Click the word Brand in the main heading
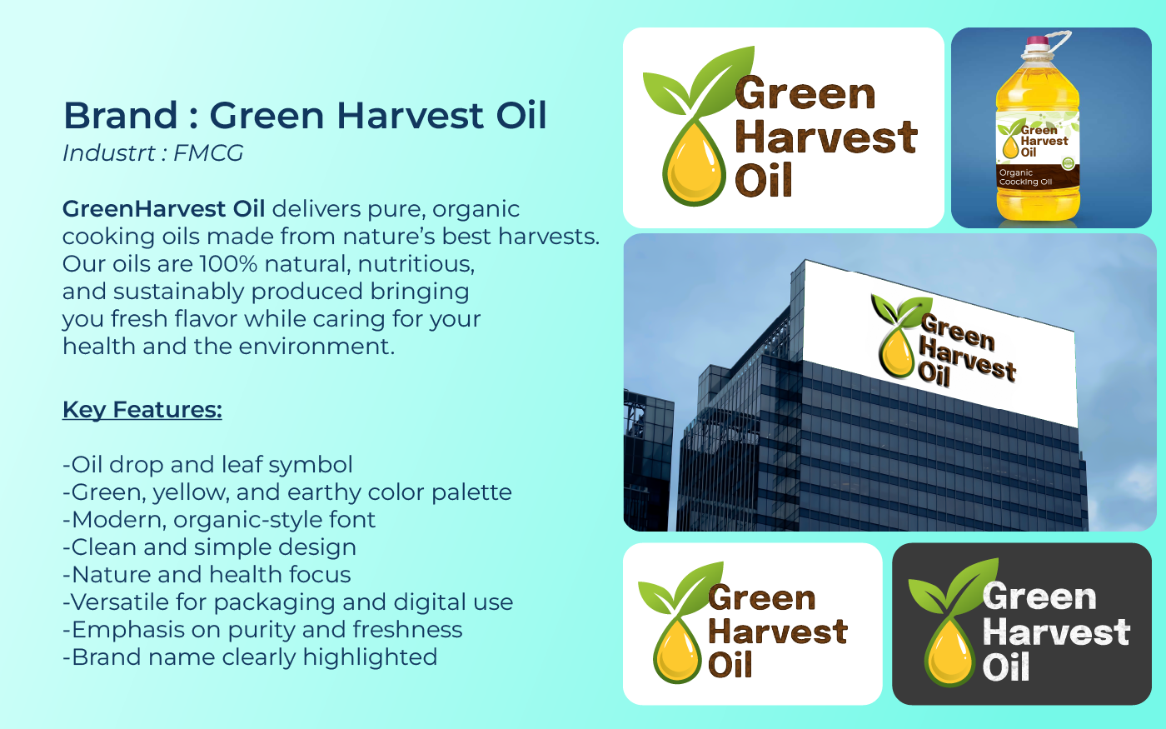click(x=121, y=115)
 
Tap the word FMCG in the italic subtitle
click(x=208, y=153)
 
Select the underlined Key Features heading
click(x=142, y=410)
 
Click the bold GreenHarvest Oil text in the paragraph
click(x=163, y=209)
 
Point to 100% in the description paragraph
click(x=228, y=264)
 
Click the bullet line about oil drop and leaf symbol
click(x=207, y=465)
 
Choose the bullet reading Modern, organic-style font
click(x=219, y=520)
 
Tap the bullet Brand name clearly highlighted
click(x=250, y=657)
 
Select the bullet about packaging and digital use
click(x=288, y=602)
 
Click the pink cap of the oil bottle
click(x=1037, y=41)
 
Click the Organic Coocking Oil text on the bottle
click(x=1025, y=177)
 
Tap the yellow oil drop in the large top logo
click(x=694, y=167)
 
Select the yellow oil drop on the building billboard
click(x=896, y=353)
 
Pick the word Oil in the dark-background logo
click(x=1006, y=667)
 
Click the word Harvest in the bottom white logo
click(x=778, y=632)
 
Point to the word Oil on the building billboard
click(x=934, y=375)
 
